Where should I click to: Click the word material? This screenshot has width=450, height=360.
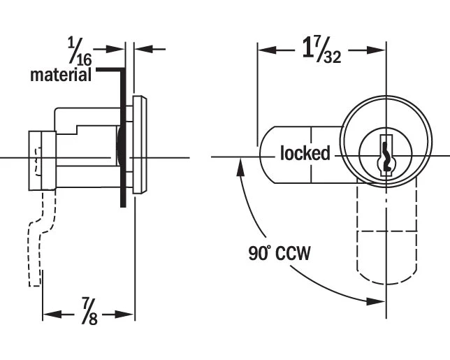[61, 75]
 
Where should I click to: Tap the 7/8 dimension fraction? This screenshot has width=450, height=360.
[89, 312]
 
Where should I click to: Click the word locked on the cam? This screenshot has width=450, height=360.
[305, 153]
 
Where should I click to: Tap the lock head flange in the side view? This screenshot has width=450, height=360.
[140, 145]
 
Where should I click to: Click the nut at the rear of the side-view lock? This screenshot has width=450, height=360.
[41, 160]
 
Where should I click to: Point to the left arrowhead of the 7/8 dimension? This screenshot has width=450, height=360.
[47, 315]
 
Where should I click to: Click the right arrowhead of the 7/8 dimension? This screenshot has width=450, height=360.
[130, 315]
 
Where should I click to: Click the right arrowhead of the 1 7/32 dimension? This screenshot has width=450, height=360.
[381, 50]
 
